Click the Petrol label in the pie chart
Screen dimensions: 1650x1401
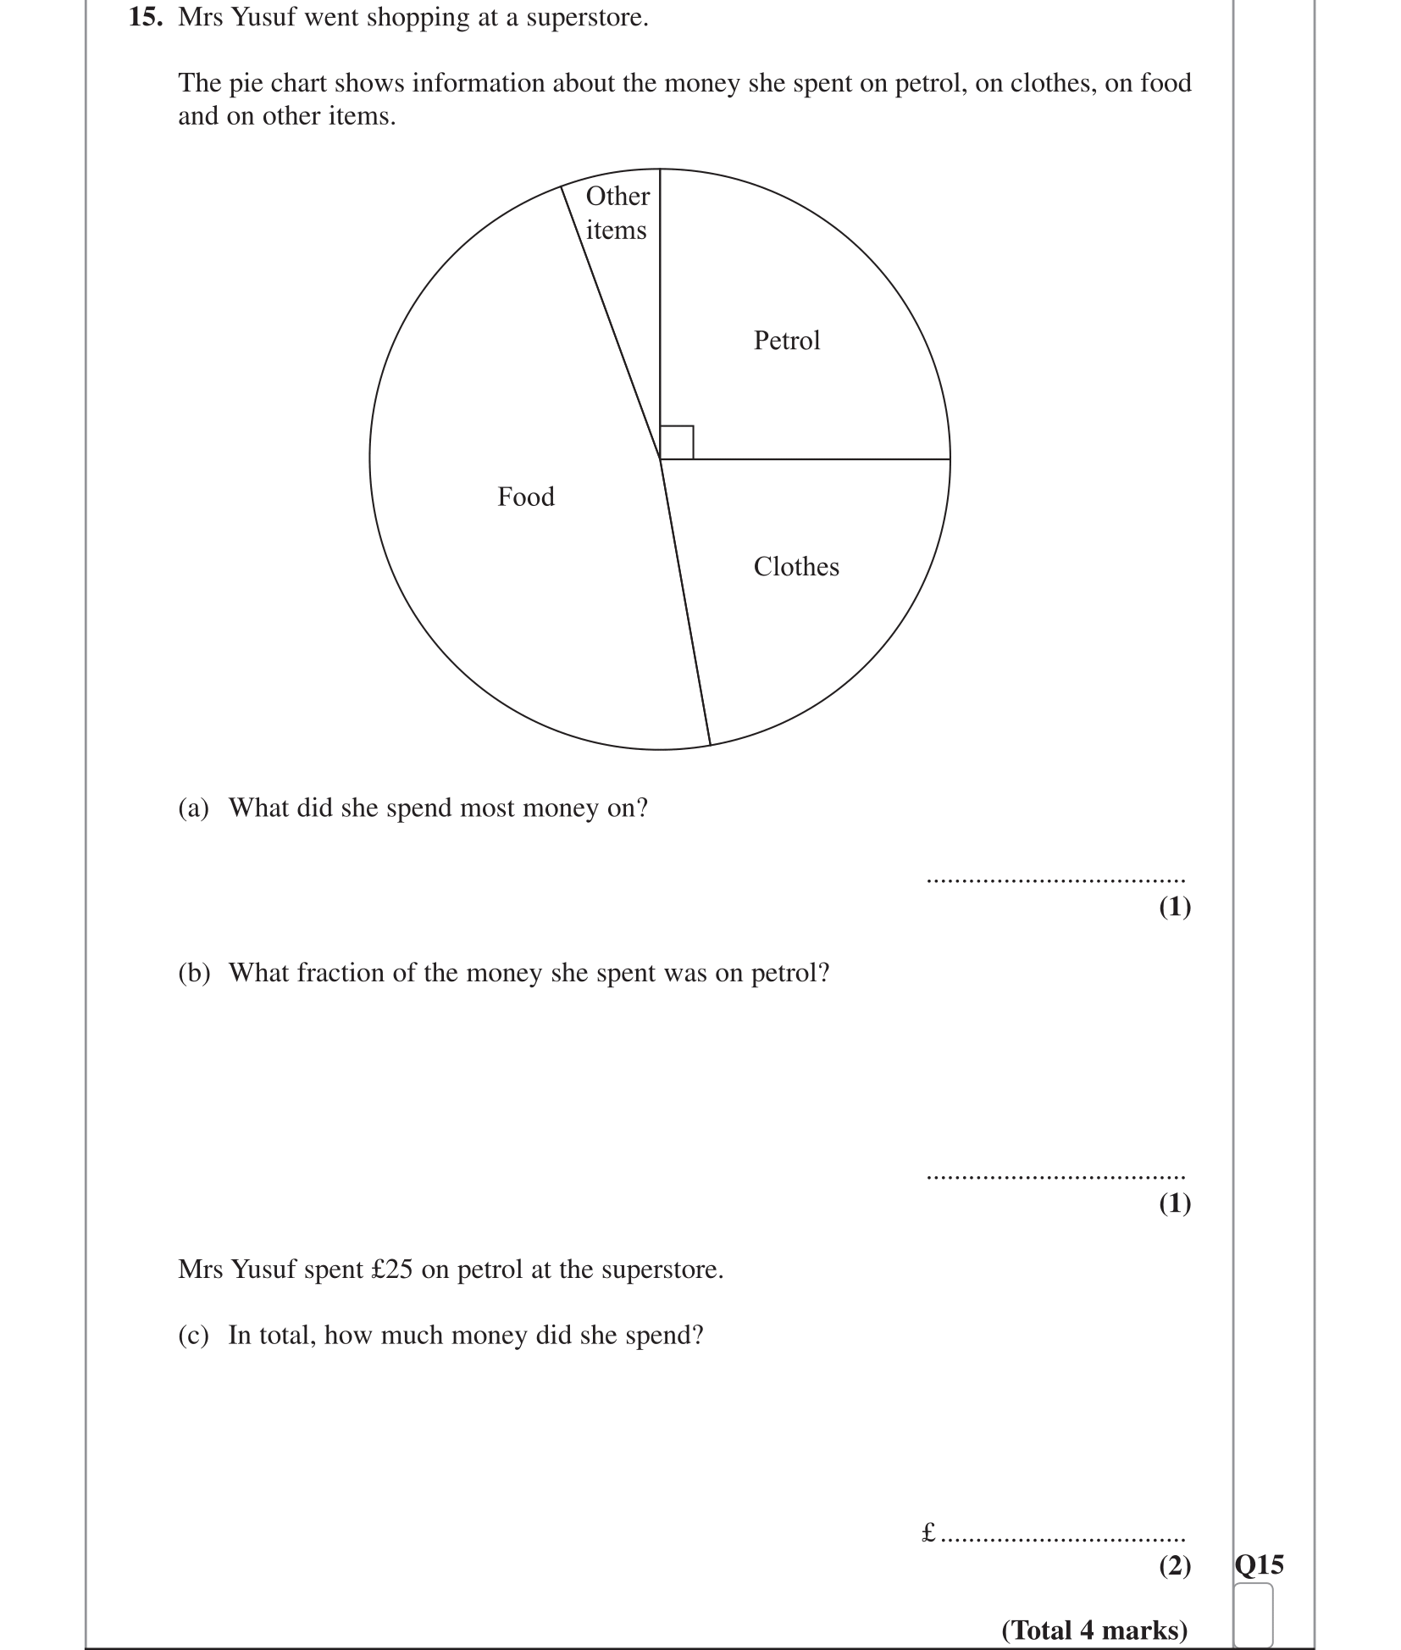(786, 341)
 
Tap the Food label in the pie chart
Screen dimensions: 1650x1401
(526, 497)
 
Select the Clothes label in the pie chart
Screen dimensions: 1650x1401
(796, 567)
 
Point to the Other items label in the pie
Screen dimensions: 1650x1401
(617, 213)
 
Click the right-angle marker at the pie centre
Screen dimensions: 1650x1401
(676, 442)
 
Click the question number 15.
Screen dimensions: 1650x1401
(145, 18)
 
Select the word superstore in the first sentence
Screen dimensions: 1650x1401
(586, 18)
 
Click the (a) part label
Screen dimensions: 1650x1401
(193, 808)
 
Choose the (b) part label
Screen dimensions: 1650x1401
(193, 973)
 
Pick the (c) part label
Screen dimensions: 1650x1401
(193, 1336)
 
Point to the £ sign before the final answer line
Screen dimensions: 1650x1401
(928, 1531)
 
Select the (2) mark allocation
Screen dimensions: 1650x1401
(1174, 1565)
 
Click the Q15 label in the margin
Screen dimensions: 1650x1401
(1259, 1564)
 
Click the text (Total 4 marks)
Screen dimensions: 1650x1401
(1094, 1631)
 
